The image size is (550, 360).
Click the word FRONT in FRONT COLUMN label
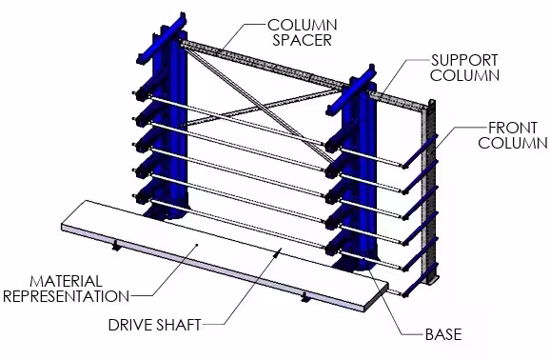[x=510, y=127]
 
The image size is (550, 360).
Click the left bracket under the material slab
[x=116, y=246]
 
